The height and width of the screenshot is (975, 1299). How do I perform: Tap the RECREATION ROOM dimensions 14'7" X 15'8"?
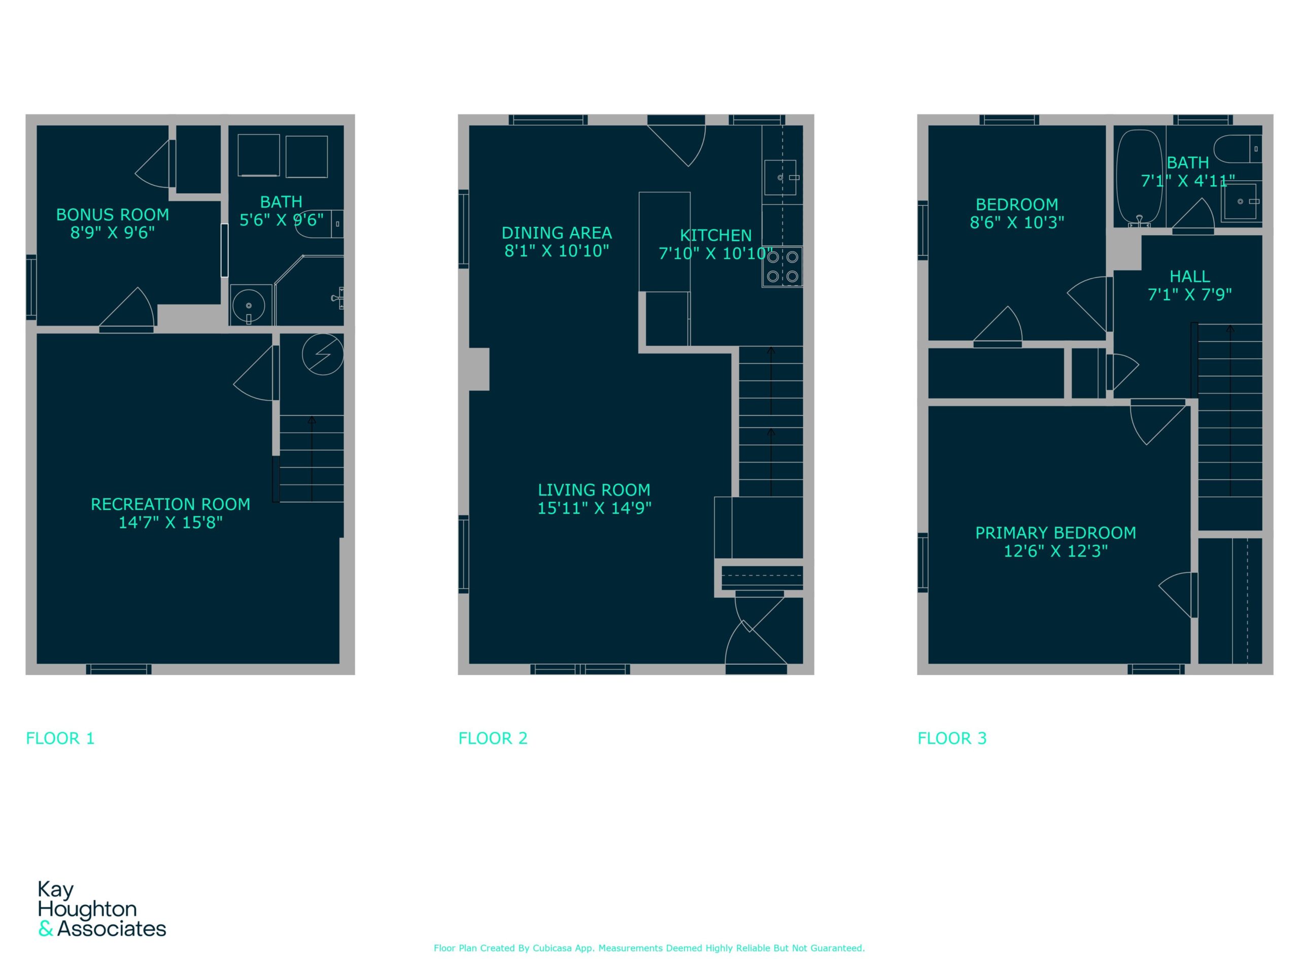click(170, 522)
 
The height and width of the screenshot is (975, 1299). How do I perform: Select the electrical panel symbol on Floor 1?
click(322, 354)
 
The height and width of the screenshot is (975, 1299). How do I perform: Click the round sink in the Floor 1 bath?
click(249, 306)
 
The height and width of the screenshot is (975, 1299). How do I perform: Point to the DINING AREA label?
click(557, 233)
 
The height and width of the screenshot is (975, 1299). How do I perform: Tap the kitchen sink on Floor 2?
click(780, 177)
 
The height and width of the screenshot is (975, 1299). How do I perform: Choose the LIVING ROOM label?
click(594, 490)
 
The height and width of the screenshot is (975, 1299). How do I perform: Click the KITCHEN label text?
click(716, 235)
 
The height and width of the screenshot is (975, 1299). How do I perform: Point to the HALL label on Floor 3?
click(1190, 276)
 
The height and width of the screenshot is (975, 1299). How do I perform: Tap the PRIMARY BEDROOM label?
click(1056, 533)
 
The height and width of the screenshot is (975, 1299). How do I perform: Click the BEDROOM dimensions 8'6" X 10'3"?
click(1017, 222)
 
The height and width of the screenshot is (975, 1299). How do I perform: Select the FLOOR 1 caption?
click(60, 738)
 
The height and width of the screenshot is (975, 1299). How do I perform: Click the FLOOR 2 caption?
click(493, 738)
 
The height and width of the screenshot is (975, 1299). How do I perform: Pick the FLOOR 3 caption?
click(952, 738)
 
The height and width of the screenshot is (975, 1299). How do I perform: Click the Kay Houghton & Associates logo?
click(101, 908)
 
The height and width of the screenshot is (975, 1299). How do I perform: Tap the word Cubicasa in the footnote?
click(553, 948)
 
